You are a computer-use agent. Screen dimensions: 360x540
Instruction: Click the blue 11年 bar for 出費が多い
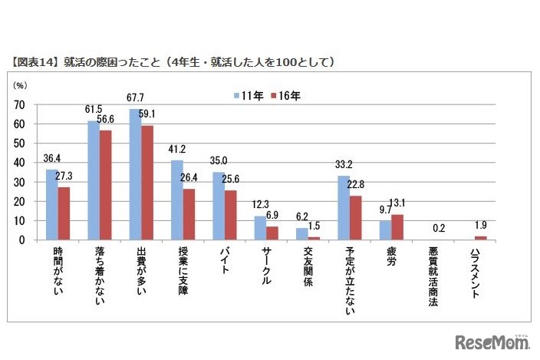(x=135, y=174)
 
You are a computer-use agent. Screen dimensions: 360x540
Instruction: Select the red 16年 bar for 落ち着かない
(x=105, y=185)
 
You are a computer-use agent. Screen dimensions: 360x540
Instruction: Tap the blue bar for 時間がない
(x=51, y=204)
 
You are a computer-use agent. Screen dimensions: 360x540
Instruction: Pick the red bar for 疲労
(x=397, y=227)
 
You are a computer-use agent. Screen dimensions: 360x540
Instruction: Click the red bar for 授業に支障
(x=188, y=214)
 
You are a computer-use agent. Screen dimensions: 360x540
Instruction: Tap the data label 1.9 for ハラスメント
(x=481, y=226)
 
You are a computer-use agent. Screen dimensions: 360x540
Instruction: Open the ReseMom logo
(x=492, y=341)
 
